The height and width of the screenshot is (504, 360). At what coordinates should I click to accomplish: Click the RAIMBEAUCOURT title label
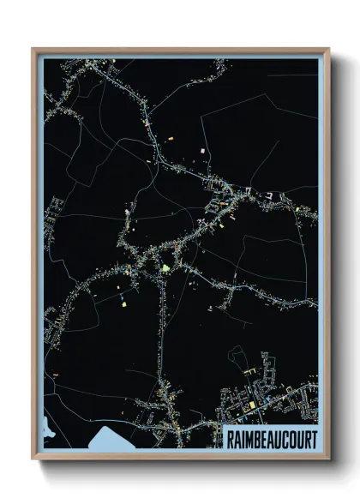pyautogui.click(x=270, y=438)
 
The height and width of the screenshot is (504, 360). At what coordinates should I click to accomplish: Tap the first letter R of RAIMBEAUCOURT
pyautogui.click(x=228, y=438)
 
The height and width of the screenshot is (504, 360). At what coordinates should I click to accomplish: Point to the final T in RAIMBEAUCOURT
pyautogui.click(x=313, y=438)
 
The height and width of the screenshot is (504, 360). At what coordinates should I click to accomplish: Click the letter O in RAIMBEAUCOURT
pyautogui.click(x=288, y=438)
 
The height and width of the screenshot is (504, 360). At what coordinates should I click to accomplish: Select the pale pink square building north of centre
pyautogui.click(x=203, y=151)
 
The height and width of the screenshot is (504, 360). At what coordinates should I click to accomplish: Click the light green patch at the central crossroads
pyautogui.click(x=165, y=268)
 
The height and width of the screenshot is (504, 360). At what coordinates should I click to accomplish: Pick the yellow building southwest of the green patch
pyautogui.click(x=123, y=302)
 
